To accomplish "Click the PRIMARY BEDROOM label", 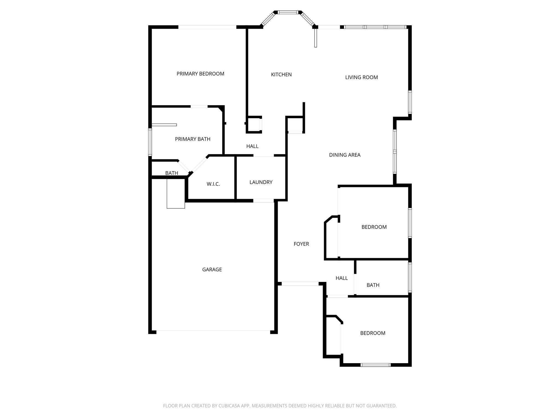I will [x=200, y=74].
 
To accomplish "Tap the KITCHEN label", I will [x=281, y=75].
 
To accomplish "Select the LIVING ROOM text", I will [x=361, y=77].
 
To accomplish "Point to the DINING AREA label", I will [x=345, y=155].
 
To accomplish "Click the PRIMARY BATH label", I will [x=192, y=139].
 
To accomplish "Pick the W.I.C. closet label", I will [x=213, y=184].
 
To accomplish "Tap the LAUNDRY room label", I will [x=261, y=182].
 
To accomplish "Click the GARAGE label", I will [x=212, y=270].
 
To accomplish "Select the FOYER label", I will [x=301, y=244].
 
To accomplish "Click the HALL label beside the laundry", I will [x=252, y=146].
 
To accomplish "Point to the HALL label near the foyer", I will [x=342, y=278].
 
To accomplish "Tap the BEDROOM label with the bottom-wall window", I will [x=373, y=333].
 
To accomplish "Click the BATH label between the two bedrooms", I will [x=373, y=285].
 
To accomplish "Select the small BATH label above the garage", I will [x=172, y=173].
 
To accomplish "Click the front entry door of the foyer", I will [x=300, y=284].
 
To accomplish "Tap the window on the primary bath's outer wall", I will [x=150, y=142].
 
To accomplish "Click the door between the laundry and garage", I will [x=263, y=201].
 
